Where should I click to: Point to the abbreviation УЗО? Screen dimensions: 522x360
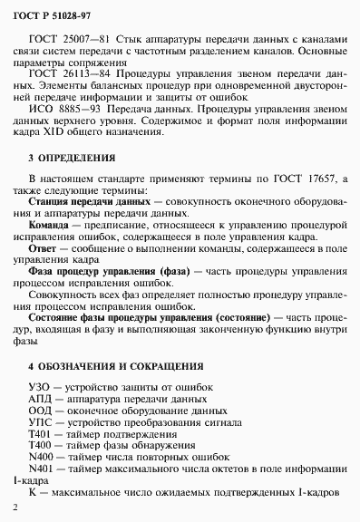[40, 387]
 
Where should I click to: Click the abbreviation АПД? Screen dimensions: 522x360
[41, 399]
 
